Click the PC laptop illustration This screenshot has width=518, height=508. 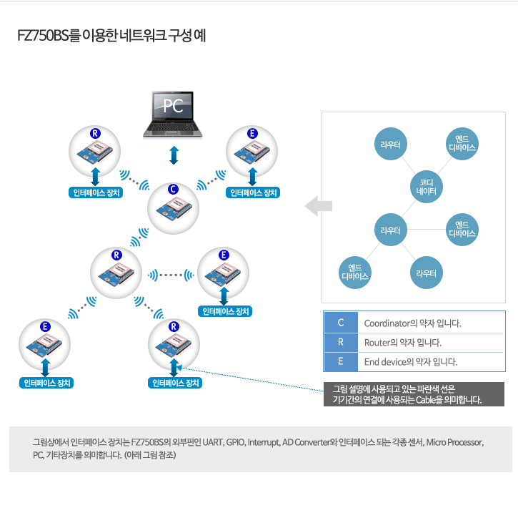pos(172,114)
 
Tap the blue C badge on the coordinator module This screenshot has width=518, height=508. pos(173,189)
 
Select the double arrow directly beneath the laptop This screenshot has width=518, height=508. pos(174,155)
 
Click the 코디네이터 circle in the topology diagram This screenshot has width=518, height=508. pos(426,187)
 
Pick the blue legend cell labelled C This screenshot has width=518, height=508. pos(341,323)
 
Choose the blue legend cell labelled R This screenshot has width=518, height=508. pos(341,342)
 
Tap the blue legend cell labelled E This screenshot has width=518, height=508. pos(341,362)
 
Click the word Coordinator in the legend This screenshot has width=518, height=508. pos(387,323)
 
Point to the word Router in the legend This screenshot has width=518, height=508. pos(377,343)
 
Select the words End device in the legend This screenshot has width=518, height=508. pos(385,362)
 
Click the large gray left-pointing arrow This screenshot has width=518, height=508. pos(319,206)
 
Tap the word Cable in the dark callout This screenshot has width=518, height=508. pos(426,400)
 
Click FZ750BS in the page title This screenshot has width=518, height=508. pos(43,35)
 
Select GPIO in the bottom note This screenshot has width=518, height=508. pos(235,442)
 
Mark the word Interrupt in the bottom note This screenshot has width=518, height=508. pos(264,442)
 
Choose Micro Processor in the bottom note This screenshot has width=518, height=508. pos(454,442)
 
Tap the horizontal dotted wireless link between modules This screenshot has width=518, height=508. pos(171,275)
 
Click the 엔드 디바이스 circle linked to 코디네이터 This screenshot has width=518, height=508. pos(462,144)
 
